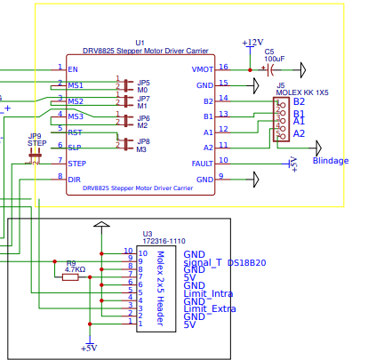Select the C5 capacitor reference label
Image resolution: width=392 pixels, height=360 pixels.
[269, 51]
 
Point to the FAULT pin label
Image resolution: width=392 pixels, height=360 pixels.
[202, 163]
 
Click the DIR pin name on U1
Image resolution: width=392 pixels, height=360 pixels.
[74, 180]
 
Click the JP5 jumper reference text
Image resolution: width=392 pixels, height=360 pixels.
[143, 82]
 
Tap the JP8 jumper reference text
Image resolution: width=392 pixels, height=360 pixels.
[143, 141]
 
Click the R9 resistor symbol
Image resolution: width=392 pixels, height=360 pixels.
[69, 277]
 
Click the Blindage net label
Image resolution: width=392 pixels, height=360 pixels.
[330, 161]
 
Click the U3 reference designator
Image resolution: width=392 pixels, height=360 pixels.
[148, 234]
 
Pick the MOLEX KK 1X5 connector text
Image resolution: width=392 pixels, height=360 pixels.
[302, 92]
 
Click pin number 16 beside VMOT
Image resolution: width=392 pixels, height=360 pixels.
[223, 67]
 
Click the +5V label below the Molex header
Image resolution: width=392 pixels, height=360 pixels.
[88, 348]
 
